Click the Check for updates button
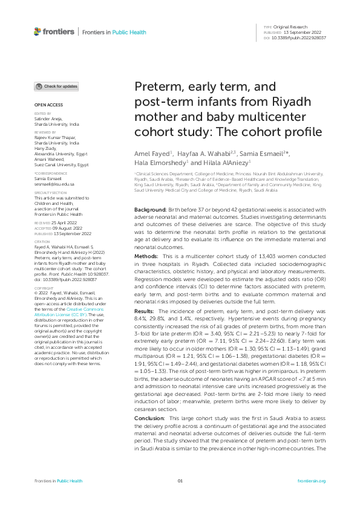(56, 86)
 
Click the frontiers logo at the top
(54, 31)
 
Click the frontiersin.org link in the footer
(312, 481)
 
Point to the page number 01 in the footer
(180, 481)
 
